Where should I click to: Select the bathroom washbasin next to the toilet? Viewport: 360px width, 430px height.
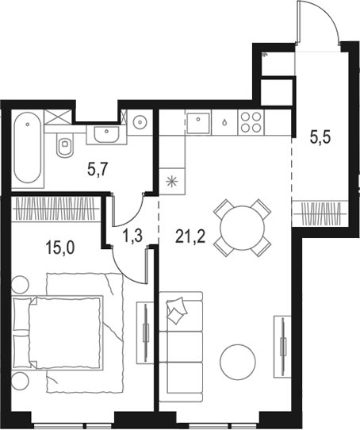pyautogui.click(x=103, y=134)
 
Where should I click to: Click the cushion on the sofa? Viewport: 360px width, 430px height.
pyautogui.click(x=178, y=310)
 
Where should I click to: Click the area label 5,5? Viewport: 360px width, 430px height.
pyautogui.click(x=320, y=136)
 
